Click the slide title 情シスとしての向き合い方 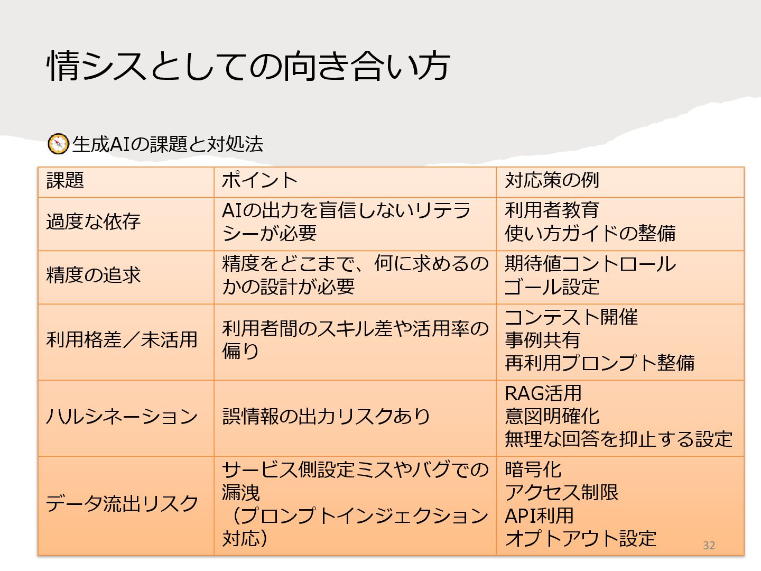(248, 66)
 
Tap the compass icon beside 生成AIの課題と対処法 (58, 144)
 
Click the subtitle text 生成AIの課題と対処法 (168, 144)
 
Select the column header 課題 (65, 180)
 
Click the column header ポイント (259, 180)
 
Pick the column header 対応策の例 (552, 180)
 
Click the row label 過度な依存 (94, 222)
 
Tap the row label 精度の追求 (94, 275)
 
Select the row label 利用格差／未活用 (122, 339)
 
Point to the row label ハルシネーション (122, 417)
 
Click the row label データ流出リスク (122, 503)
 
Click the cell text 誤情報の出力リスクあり (326, 417)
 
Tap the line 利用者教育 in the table (552, 210)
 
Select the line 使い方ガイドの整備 (590, 233)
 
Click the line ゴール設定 (552, 287)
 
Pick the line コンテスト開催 (571, 317)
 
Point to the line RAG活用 (543, 393)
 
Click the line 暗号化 (533, 469)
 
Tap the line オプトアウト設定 (580, 538)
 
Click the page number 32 (709, 546)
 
